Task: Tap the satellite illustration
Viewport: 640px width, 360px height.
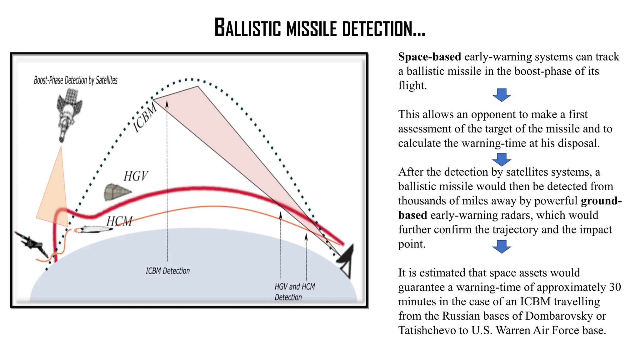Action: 69,112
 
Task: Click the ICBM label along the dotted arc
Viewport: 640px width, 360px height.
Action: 145,118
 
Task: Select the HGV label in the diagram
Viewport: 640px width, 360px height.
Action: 135,176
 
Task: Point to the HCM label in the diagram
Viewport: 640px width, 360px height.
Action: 119,221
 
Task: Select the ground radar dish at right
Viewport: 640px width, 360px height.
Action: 347,259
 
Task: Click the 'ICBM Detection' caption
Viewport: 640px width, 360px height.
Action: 167,271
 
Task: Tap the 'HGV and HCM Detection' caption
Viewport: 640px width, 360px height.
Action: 294,292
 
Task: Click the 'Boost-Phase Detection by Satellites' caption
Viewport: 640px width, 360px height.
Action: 76,80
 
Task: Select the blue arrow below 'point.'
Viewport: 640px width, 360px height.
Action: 502,247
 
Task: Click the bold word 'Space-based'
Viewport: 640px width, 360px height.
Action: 429,57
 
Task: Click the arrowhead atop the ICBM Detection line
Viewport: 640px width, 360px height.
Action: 167,103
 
